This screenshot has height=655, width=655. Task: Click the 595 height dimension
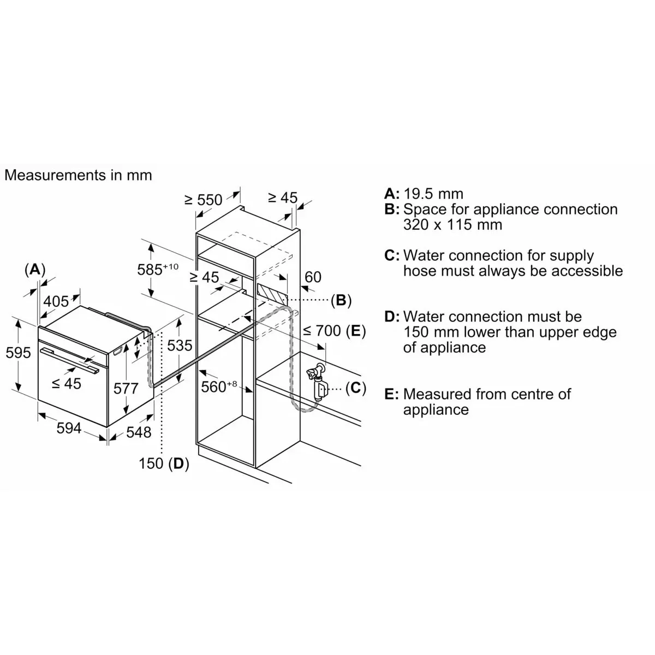[x=19, y=353]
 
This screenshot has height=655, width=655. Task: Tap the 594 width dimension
[x=69, y=428]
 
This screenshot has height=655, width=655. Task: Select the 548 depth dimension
[x=139, y=432]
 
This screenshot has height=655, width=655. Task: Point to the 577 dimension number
[x=126, y=389]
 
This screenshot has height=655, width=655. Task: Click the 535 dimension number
[x=180, y=346]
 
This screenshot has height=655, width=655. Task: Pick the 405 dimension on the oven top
[x=56, y=301]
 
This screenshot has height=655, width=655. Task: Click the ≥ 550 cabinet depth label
[x=203, y=200]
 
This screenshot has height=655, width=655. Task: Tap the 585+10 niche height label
[x=158, y=269]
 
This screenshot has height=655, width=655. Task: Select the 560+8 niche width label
[x=219, y=386]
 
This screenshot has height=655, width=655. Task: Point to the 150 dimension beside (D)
[x=151, y=463]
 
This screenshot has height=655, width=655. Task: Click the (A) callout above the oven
[x=35, y=270]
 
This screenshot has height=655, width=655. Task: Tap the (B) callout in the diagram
[x=341, y=300]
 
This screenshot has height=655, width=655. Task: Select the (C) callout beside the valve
[x=355, y=388]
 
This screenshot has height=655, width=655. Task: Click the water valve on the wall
[x=318, y=382]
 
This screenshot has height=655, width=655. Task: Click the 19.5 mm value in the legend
[x=433, y=194]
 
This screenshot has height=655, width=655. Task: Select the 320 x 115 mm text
[x=452, y=225]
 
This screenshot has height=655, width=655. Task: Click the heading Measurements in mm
[x=78, y=175]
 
